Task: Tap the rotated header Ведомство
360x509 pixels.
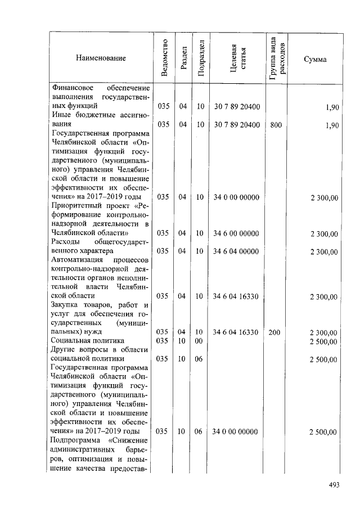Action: pyautogui.click(x=164, y=58)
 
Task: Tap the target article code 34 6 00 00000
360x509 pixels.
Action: pyautogui.click(x=236, y=233)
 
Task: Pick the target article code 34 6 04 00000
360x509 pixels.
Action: pyautogui.click(x=236, y=251)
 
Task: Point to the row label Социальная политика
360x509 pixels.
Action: pyautogui.click(x=84, y=341)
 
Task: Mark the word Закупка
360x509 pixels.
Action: pyautogui.click(x=64, y=305)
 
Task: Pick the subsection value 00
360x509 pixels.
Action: pyautogui.click(x=199, y=341)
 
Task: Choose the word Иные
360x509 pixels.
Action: pyautogui.click(x=60, y=115)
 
